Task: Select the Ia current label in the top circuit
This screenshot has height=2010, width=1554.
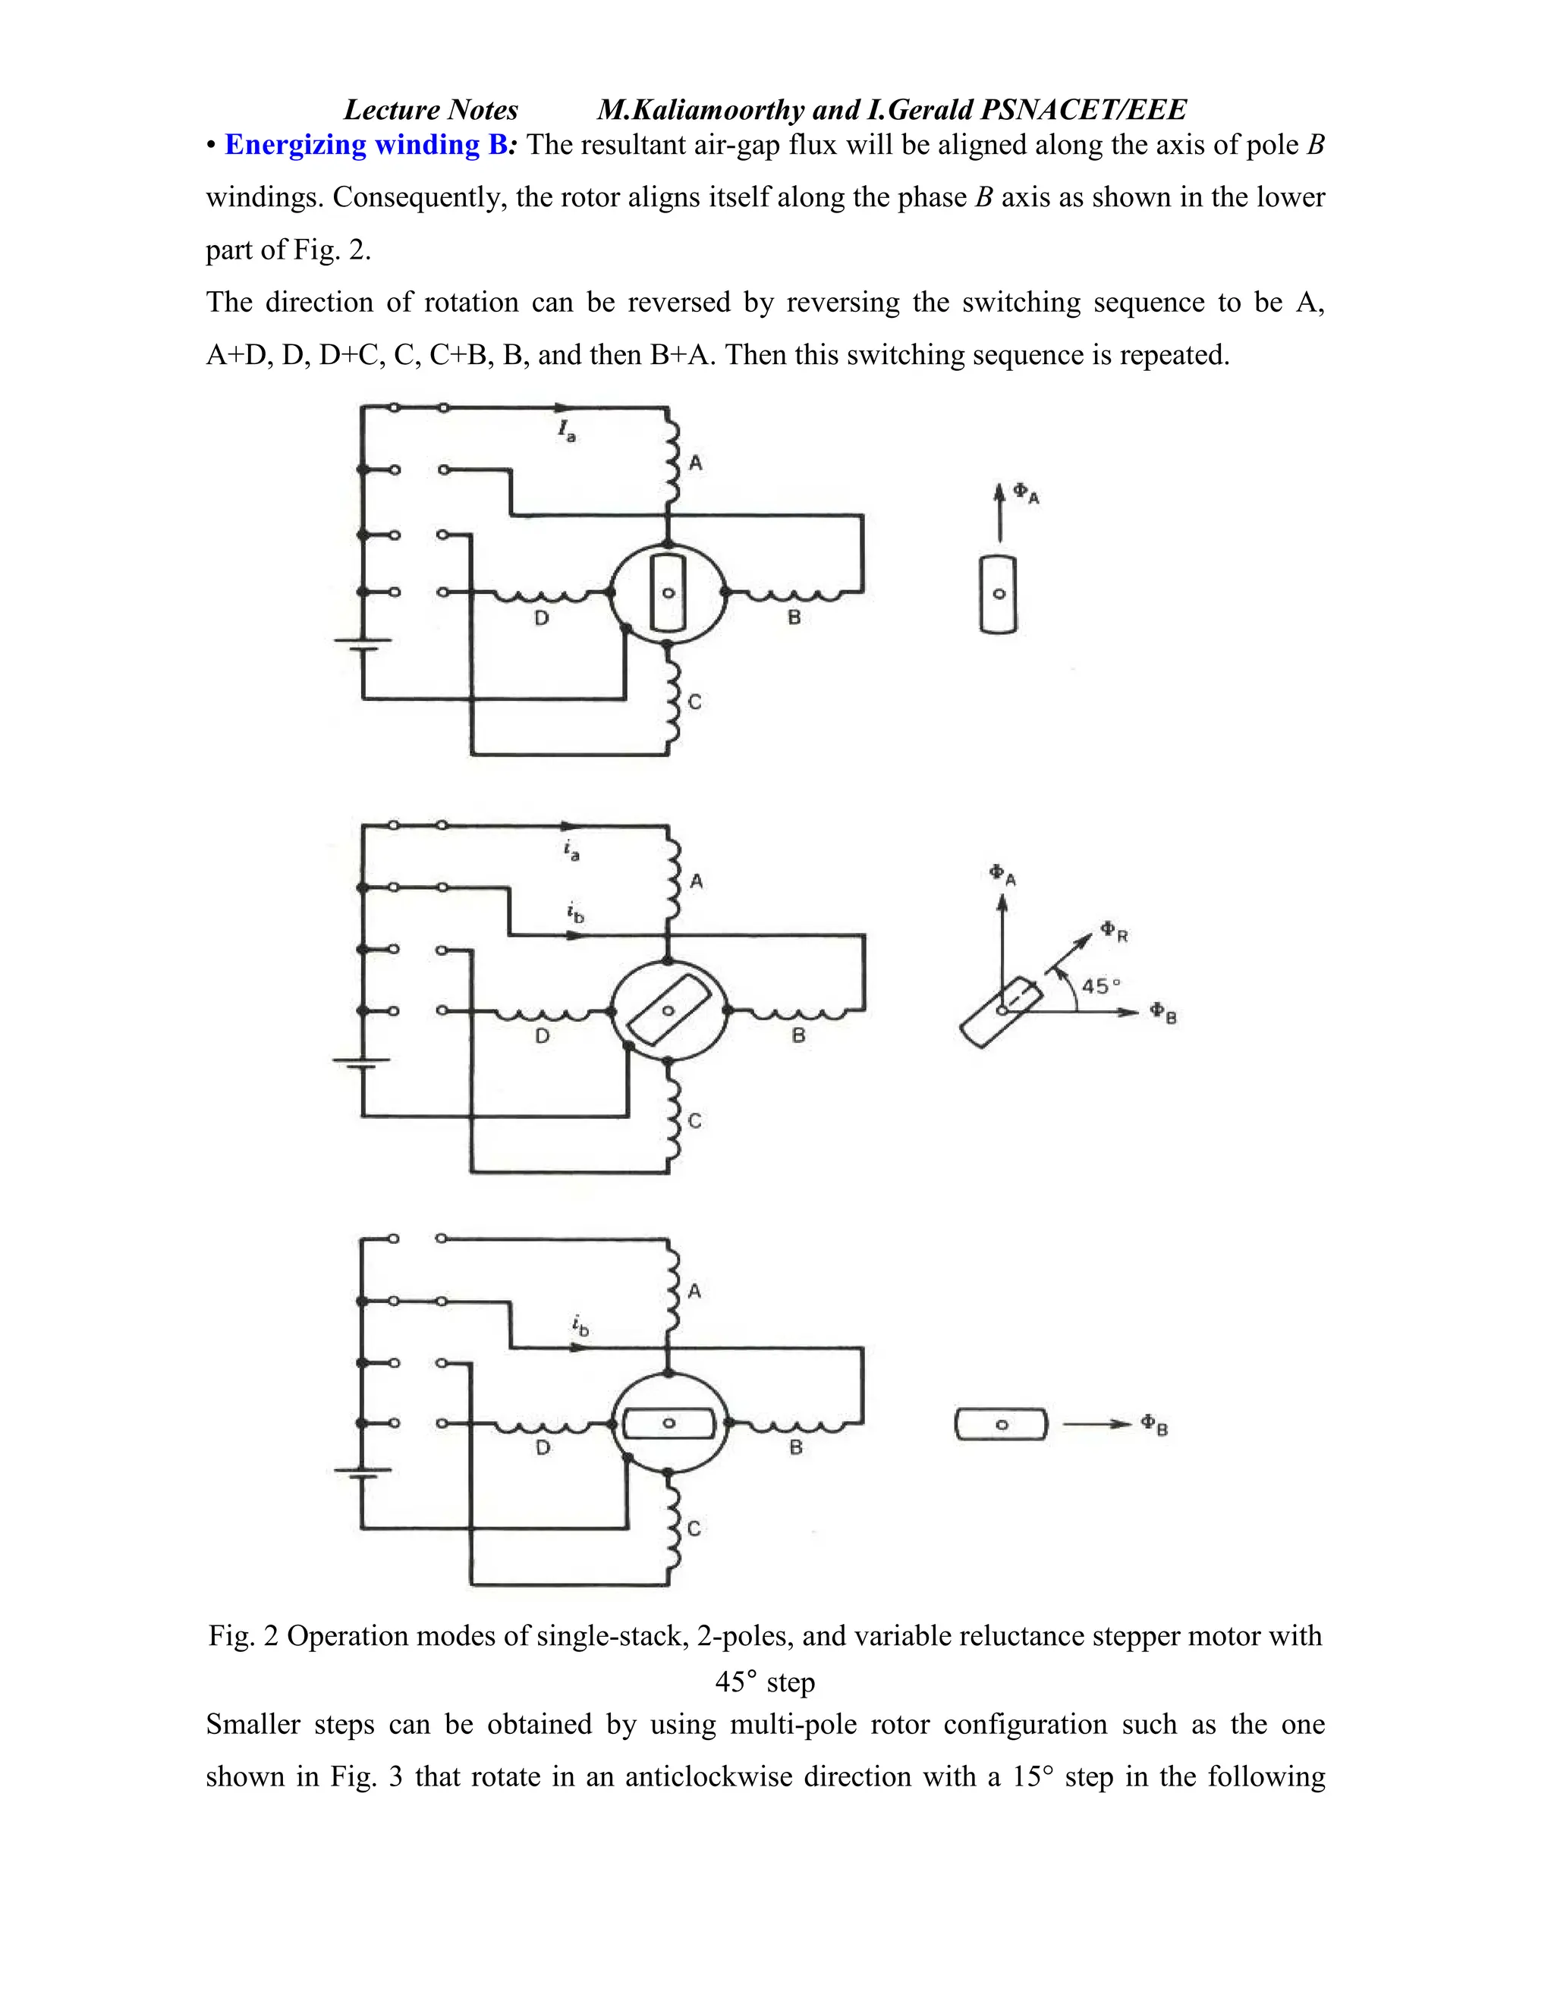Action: pos(566,430)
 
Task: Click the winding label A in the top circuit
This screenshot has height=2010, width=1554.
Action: pos(696,463)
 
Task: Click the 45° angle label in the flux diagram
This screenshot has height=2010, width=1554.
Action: pos(1101,986)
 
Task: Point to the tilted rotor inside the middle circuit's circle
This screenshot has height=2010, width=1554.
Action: pos(668,1010)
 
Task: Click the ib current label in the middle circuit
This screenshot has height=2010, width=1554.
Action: pos(574,914)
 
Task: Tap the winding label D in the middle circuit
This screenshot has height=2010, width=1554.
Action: pos(543,1036)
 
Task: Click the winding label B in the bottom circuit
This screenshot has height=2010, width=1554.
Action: pos(796,1448)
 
